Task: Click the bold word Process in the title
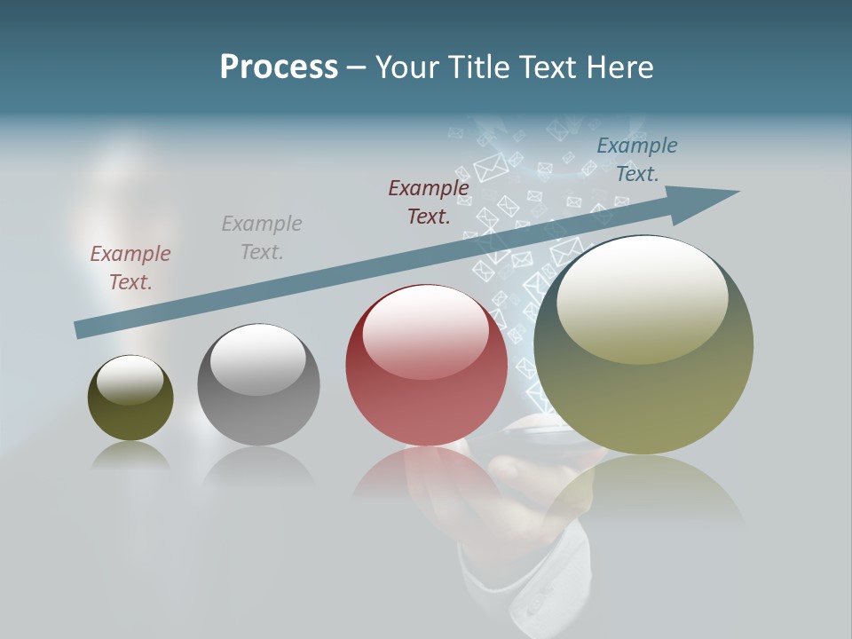pyautogui.click(x=279, y=67)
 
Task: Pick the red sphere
pyautogui.click(x=426, y=399)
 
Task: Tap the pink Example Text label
pyautogui.click(x=130, y=268)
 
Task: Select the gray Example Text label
pyautogui.click(x=262, y=238)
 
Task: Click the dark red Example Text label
pyautogui.click(x=429, y=201)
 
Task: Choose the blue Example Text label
pyautogui.click(x=637, y=160)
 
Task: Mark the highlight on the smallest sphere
pyautogui.click(x=130, y=379)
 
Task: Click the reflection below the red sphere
pyautogui.click(x=426, y=479)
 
